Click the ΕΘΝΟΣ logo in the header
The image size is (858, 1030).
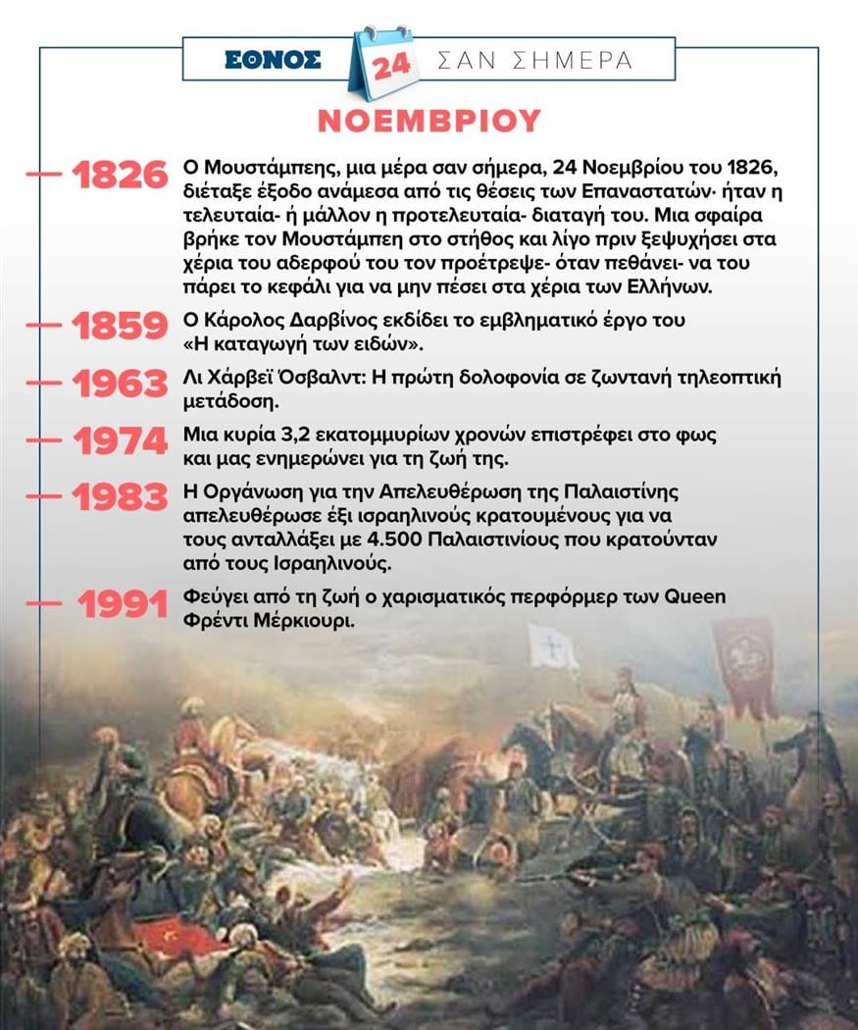point(272,60)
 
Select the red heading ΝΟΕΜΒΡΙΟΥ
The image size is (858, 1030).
point(429,120)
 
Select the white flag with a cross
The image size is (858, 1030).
point(552,645)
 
